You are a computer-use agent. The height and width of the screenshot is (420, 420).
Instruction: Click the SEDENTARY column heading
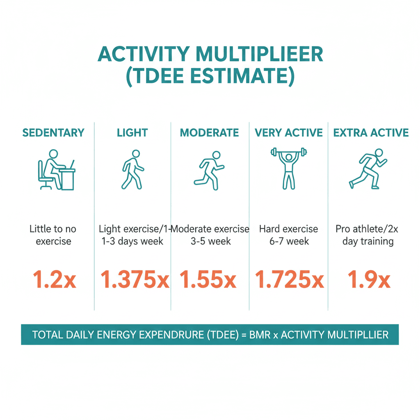53,133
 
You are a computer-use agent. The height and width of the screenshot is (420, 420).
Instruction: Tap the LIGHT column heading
132,133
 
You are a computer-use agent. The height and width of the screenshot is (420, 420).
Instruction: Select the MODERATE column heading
209,133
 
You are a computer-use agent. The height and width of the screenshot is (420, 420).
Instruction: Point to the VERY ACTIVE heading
289,133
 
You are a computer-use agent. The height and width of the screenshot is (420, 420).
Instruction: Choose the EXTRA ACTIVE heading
371,133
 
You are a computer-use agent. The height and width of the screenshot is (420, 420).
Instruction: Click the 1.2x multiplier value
54,279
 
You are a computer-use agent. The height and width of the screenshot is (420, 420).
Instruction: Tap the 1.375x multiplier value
135,279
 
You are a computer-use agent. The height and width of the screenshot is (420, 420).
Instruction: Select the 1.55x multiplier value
208,279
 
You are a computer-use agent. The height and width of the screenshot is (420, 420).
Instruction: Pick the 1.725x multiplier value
289,279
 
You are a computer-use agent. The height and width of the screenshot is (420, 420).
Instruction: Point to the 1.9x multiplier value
369,279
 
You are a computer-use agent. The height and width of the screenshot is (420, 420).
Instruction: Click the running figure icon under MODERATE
208,171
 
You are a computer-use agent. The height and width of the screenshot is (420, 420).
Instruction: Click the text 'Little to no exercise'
53,235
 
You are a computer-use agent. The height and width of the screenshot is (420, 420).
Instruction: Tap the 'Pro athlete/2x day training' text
367,235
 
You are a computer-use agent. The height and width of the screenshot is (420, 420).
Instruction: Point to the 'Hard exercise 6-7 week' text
289,235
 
